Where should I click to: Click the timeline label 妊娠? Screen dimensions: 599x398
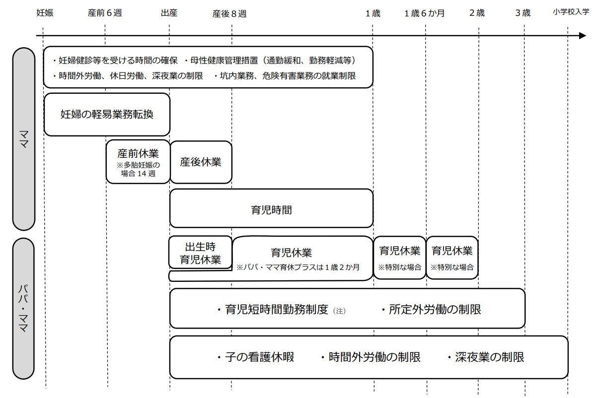click(45, 13)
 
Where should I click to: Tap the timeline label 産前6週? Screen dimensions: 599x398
click(105, 13)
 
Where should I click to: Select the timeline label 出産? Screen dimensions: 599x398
click(169, 13)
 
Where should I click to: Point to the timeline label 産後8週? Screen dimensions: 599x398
click(229, 13)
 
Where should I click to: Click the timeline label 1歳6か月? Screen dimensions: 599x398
click(424, 13)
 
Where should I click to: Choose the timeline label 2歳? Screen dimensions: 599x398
click(477, 13)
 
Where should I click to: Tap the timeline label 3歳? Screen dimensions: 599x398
click(523, 13)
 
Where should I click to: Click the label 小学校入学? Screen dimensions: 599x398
click(571, 12)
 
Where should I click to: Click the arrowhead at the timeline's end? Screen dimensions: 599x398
click(583, 36)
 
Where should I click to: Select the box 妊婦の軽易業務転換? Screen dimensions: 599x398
click(107, 115)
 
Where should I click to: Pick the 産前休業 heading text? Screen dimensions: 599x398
click(138, 153)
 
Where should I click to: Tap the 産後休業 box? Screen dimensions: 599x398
click(201, 162)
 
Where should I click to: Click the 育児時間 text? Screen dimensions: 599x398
click(271, 210)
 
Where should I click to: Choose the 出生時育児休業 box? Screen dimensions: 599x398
click(200, 253)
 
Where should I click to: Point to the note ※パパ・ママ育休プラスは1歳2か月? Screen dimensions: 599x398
click(298, 267)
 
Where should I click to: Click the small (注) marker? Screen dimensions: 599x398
click(339, 311)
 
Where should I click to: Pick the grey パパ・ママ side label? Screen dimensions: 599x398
click(23, 309)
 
